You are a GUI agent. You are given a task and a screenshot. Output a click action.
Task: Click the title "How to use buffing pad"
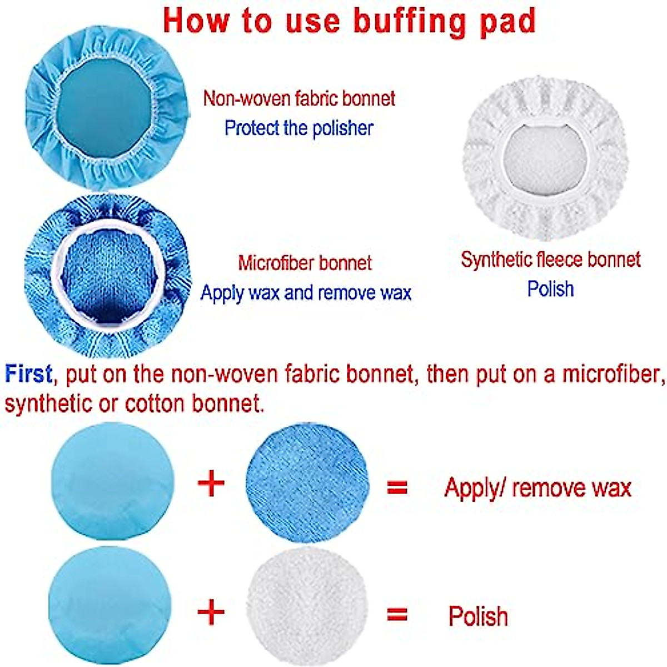coord(350,21)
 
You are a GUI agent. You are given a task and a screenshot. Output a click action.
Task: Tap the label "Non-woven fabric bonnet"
coord(299,98)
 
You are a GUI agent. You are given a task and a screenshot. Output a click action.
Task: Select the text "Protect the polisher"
coord(298,128)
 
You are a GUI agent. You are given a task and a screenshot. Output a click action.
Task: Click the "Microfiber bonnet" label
coord(305,262)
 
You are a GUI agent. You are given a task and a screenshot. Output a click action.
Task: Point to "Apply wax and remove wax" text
coord(306,292)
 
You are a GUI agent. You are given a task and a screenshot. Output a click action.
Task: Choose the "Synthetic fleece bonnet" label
coord(550,259)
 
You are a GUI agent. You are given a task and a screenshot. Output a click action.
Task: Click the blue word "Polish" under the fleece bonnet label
coord(550,289)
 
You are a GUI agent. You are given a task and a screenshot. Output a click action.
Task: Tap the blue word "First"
coord(28,374)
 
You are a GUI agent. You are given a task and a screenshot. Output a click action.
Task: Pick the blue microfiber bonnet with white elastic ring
coord(108,276)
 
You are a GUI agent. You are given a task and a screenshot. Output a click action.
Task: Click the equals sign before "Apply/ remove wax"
coord(397,487)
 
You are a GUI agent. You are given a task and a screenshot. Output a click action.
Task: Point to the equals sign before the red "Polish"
coord(397,614)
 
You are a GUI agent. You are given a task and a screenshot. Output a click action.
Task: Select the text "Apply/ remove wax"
coord(537,488)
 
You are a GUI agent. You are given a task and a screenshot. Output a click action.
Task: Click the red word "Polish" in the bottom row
coord(478,616)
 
